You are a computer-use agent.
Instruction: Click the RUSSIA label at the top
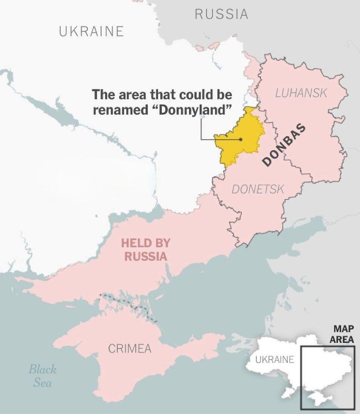tap(222, 14)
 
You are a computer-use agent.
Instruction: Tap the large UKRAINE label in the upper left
tap(92, 31)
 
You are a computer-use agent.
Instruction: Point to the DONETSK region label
tap(258, 189)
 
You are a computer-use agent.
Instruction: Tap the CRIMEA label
tap(130, 349)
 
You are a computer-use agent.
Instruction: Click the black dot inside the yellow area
tap(241, 139)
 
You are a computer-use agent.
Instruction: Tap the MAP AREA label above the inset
tap(343, 334)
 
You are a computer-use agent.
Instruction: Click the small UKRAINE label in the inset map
tap(275, 360)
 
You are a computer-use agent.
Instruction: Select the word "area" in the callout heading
tap(133, 94)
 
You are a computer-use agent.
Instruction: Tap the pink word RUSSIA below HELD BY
tap(146, 257)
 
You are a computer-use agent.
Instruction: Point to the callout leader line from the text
tap(201, 131)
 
